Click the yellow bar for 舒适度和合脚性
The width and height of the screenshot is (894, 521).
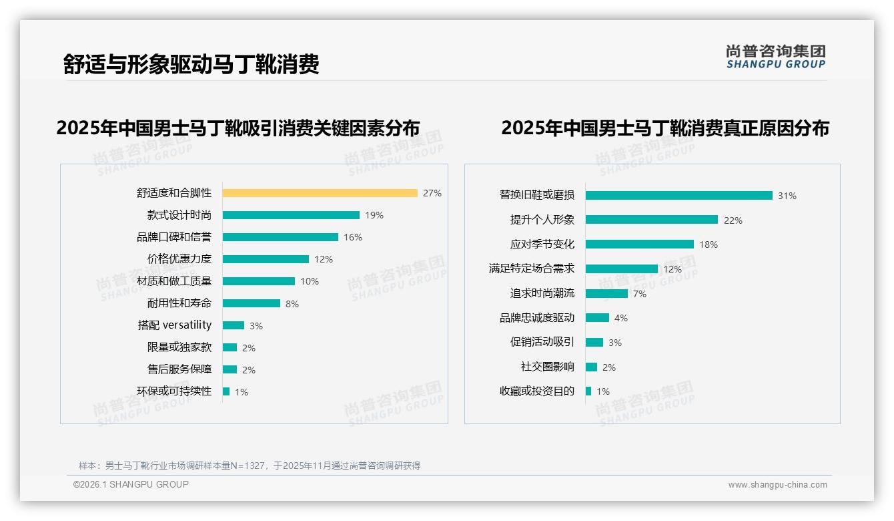pos(320,193)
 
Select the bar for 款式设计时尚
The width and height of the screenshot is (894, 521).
pos(291,215)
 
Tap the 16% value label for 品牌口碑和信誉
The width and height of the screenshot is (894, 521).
pos(353,237)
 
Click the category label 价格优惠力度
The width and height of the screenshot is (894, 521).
pos(179,259)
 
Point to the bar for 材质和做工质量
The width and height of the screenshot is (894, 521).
pos(259,281)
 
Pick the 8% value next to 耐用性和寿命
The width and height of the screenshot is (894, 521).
pos(292,304)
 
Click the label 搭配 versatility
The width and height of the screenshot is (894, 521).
pos(174,325)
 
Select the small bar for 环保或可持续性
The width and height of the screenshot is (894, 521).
pos(226,391)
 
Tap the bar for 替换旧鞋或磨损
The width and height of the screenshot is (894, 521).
pos(679,196)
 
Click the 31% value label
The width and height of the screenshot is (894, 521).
pos(787,196)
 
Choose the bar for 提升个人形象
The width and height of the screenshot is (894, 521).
pos(651,220)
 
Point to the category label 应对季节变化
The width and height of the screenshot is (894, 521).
pos(542,244)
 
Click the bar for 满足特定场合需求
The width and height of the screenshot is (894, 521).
pos(621,269)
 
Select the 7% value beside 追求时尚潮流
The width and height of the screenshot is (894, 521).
pos(640,294)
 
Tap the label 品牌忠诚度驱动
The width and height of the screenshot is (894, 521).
pos(536,318)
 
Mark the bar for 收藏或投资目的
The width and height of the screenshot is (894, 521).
pos(588,391)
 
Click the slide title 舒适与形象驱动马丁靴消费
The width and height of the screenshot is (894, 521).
pos(191,64)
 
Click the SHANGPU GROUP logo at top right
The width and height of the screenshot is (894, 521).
pos(775,57)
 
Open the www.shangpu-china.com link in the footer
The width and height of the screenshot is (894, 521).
pos(777,485)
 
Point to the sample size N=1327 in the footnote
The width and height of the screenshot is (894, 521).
pos(247,466)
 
